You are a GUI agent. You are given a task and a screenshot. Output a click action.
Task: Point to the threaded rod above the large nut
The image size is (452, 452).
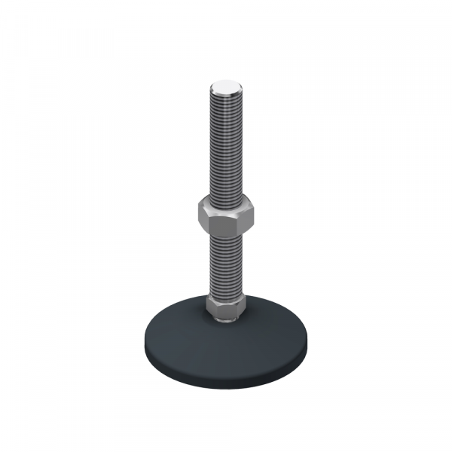pyautogui.click(x=224, y=143)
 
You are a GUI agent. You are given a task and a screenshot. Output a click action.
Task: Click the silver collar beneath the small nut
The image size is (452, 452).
pyautogui.click(x=224, y=320)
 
